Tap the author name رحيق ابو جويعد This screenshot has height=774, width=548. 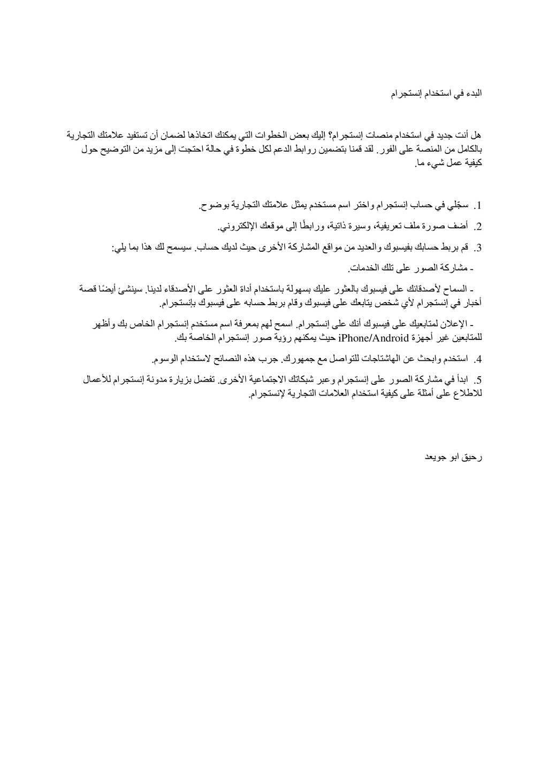pyautogui.click(x=453, y=458)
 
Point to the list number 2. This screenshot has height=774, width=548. pyautogui.click(x=478, y=228)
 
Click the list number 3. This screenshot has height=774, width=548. pyautogui.click(x=478, y=249)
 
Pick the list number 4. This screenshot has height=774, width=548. pyautogui.click(x=478, y=359)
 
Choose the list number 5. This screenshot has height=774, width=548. pyautogui.click(x=478, y=381)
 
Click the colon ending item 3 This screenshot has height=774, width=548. pyautogui.click(x=114, y=249)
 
